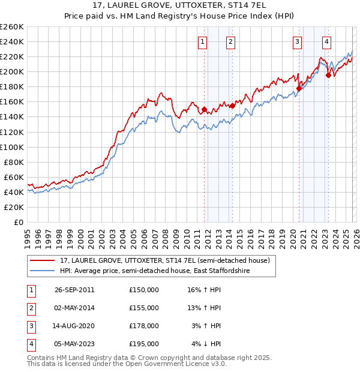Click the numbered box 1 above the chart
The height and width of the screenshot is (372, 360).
coord(202,42)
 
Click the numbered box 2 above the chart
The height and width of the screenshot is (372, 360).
coord(230,42)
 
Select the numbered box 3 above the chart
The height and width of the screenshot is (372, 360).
coord(298,42)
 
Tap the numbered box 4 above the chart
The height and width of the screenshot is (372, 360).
coord(326,42)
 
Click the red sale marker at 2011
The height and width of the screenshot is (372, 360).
coord(205,109)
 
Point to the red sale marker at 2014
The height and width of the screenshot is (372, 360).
coord(232,106)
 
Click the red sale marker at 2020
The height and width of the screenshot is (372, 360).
coord(299,88)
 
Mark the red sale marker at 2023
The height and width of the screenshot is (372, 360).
coord(328,75)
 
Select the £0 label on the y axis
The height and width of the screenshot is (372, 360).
coord(18,222)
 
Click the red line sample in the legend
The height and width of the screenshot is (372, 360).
coord(43,260)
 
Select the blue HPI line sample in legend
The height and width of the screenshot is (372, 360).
coord(43,271)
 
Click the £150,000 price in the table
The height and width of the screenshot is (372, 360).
coord(144,290)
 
